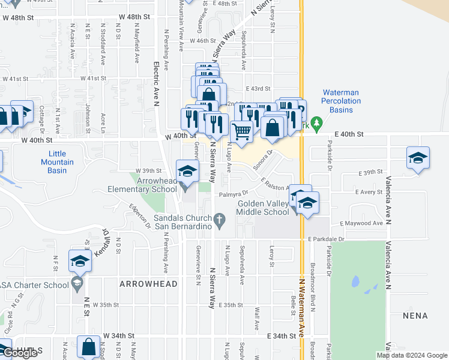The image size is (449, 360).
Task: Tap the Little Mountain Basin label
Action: pyautogui.click(x=58, y=162)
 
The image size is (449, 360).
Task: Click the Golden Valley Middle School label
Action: pyautogui.click(x=263, y=208)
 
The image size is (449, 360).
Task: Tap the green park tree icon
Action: pyautogui.click(x=318, y=126)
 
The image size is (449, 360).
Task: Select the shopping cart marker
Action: pyautogui.click(x=241, y=131)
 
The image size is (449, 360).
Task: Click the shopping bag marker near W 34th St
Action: pyautogui.click(x=88, y=346)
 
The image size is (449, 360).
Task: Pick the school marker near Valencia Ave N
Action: pyautogui.click(x=418, y=158)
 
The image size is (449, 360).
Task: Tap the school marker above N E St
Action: pyautogui.click(x=79, y=261)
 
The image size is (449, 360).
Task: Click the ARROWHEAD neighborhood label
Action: pyautogui.click(x=148, y=283)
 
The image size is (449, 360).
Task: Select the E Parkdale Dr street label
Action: pyautogui.click(x=327, y=239)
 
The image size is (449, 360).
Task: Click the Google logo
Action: pyautogui.click(x=20, y=353)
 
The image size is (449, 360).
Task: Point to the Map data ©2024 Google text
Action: pyautogui.click(x=411, y=355)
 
